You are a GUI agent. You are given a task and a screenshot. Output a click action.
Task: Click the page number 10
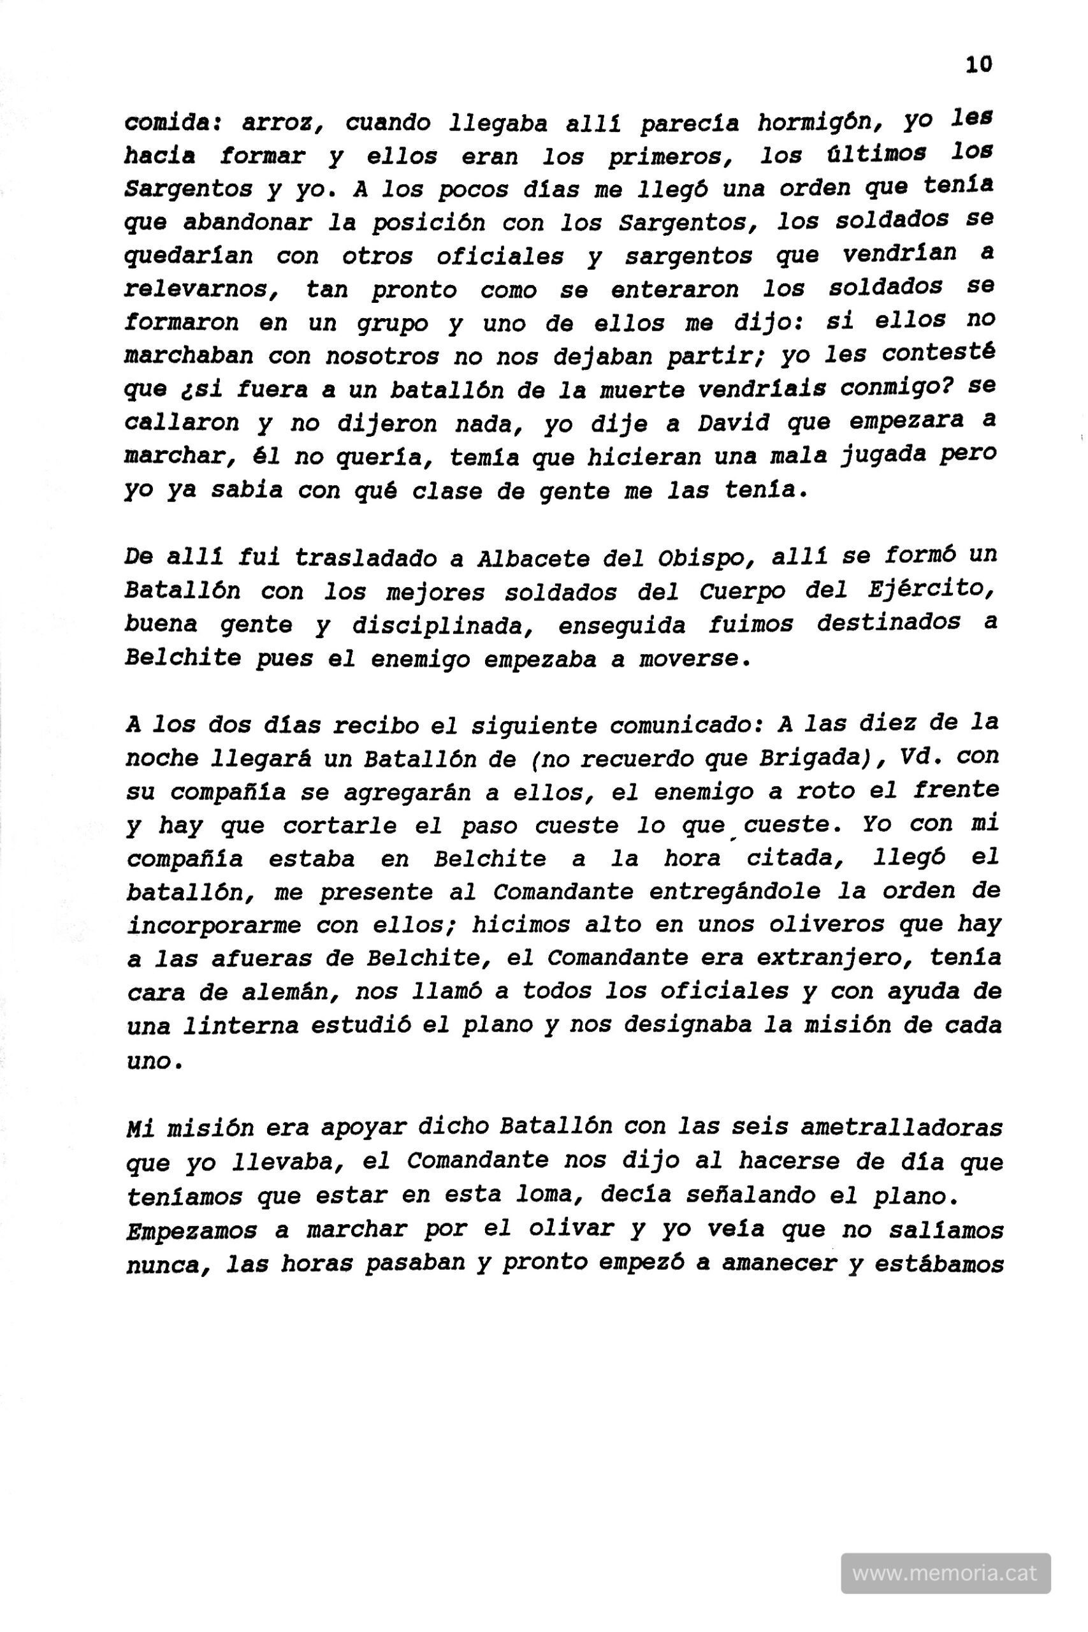978,64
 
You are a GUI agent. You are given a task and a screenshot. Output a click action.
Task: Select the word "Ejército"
932,590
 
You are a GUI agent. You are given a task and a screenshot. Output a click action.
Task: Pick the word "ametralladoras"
901,1128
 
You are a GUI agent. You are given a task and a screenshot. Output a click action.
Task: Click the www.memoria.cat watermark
945,1572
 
